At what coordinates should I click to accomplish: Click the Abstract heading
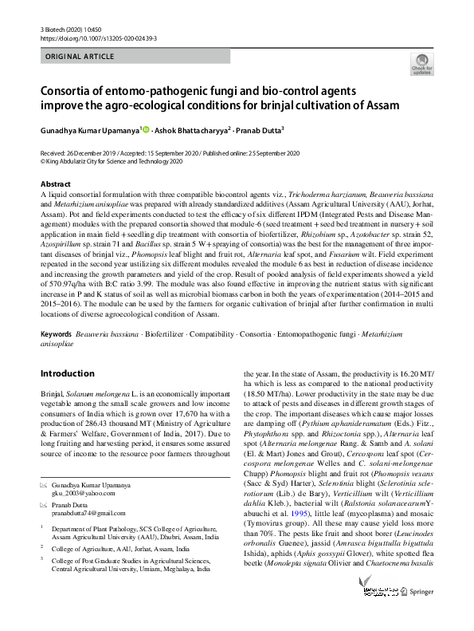[55, 184]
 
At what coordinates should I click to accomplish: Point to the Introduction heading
[67, 373]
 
